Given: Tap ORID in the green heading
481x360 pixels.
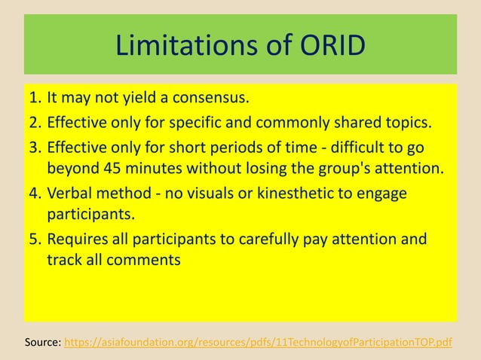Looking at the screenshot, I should pos(329,46).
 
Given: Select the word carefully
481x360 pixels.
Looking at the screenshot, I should pos(241,239).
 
